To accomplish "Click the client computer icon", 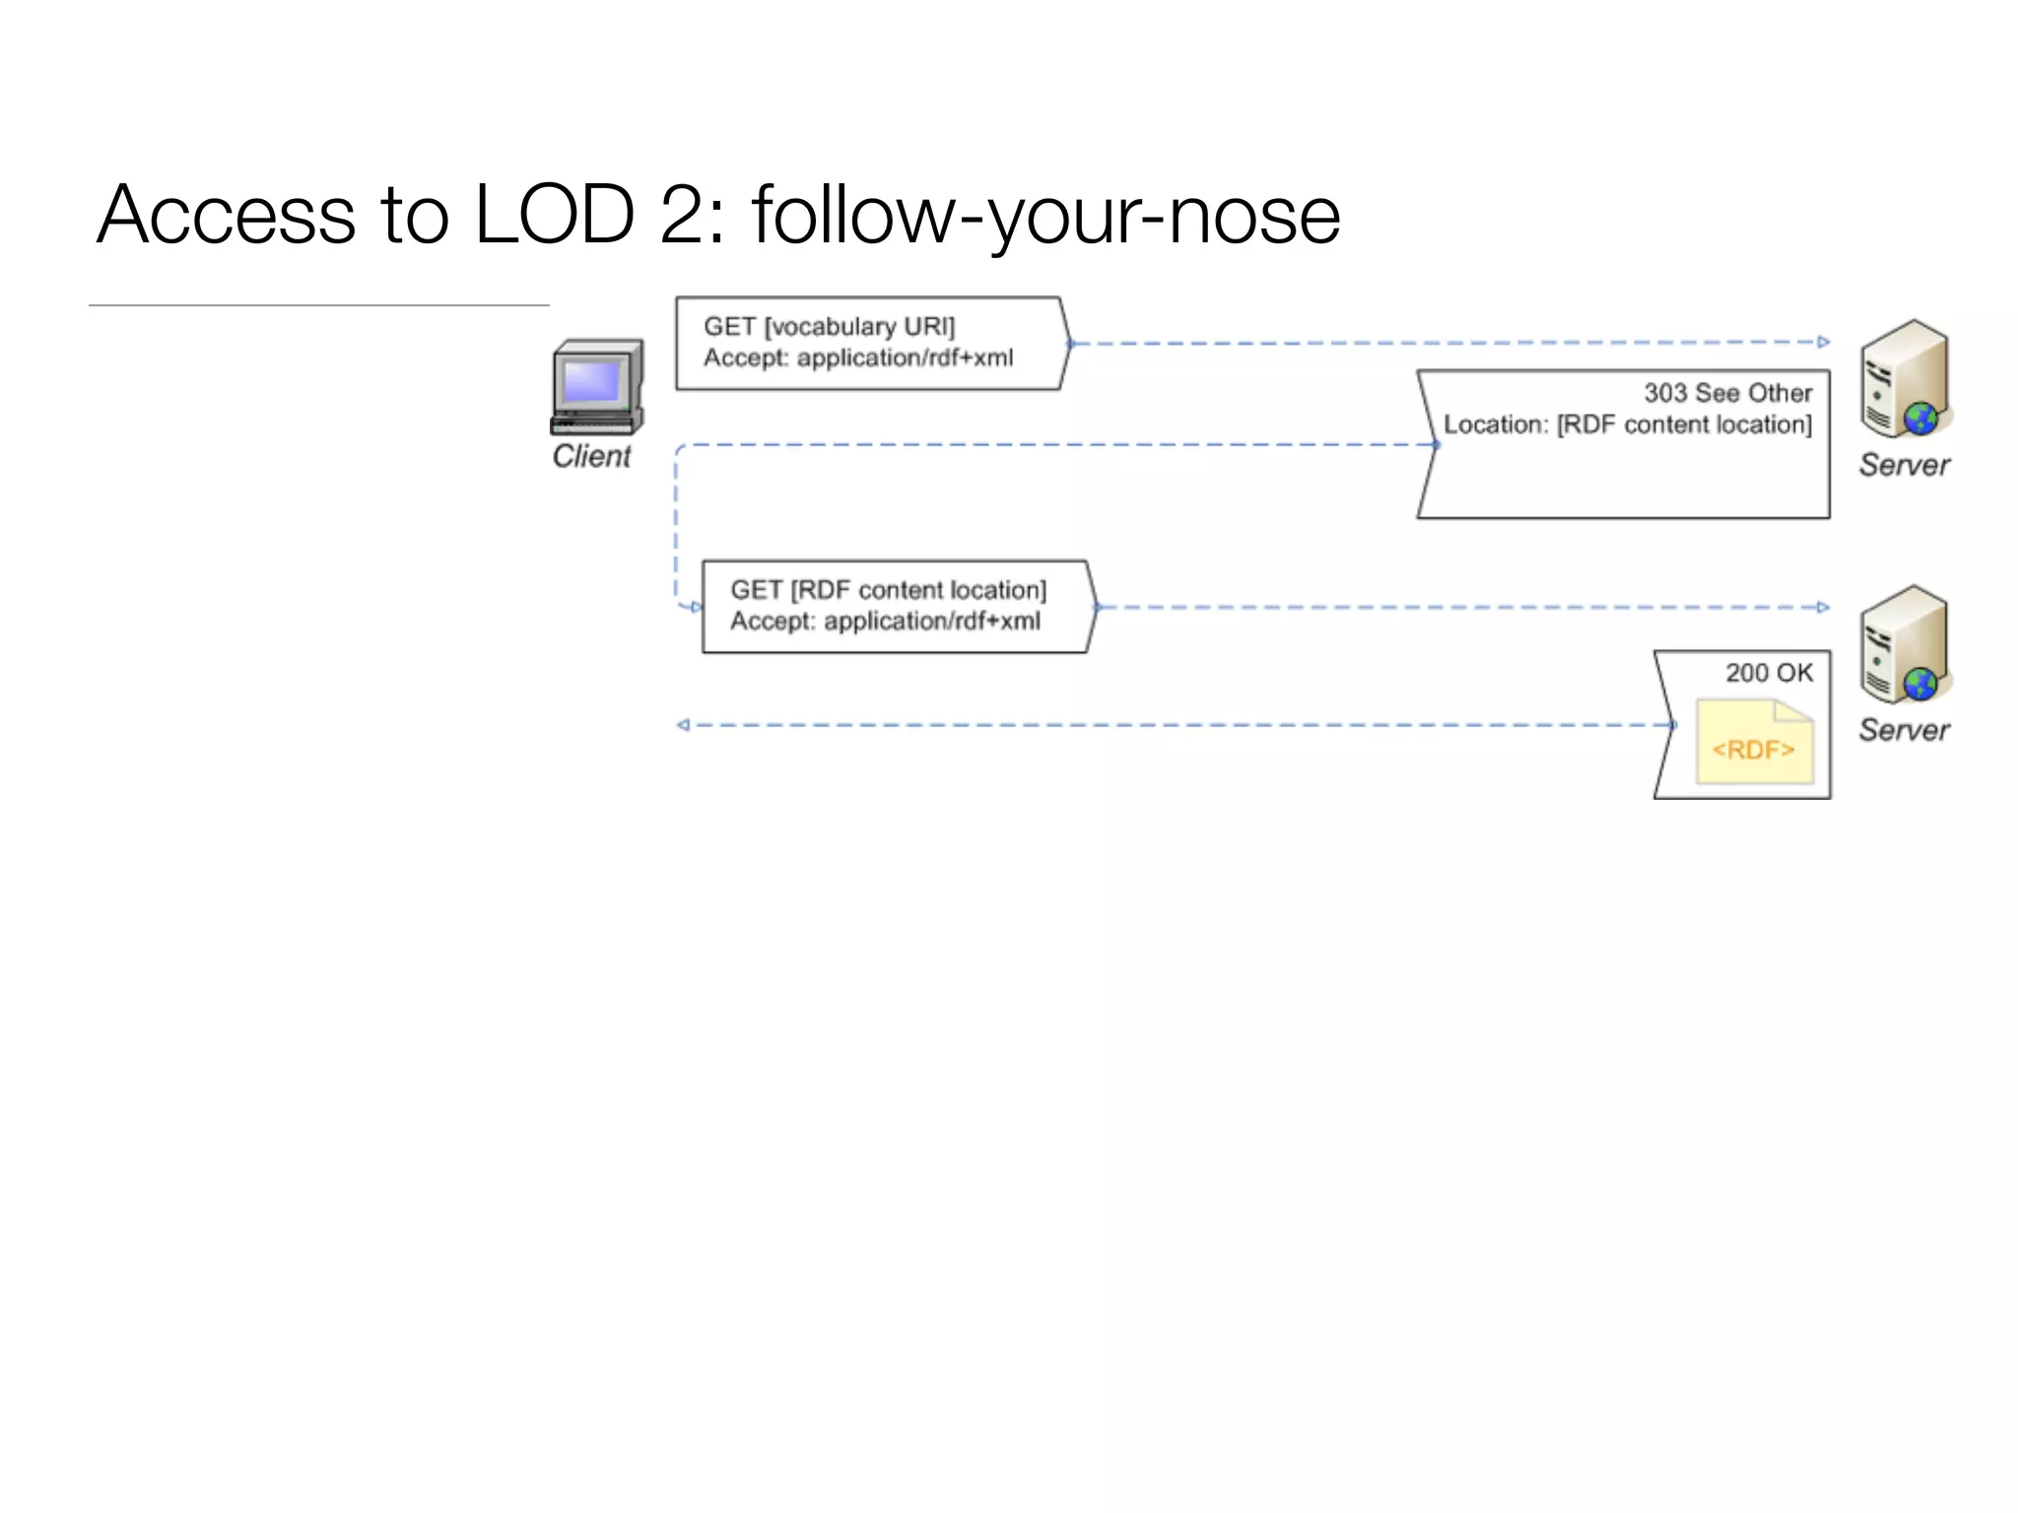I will click(x=597, y=387).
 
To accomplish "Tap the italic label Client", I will click(x=591, y=456).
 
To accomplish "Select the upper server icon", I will click(x=1904, y=379).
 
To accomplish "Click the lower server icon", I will click(x=1904, y=645).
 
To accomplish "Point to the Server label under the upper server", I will click(x=1904, y=465).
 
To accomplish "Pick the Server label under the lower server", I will click(x=1904, y=730).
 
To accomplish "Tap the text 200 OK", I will click(x=1769, y=673).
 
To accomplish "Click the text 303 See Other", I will click(x=1727, y=393).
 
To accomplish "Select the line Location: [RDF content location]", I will click(x=1628, y=425).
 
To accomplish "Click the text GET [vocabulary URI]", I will click(x=829, y=326).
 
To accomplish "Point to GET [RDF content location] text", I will click(x=888, y=590).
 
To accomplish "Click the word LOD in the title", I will click(x=554, y=215).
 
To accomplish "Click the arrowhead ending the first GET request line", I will click(x=1824, y=342).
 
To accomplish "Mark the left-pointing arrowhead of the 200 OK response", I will click(x=683, y=725).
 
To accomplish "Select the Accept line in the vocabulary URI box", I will click(x=857, y=358).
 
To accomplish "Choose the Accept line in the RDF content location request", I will click(x=885, y=622).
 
